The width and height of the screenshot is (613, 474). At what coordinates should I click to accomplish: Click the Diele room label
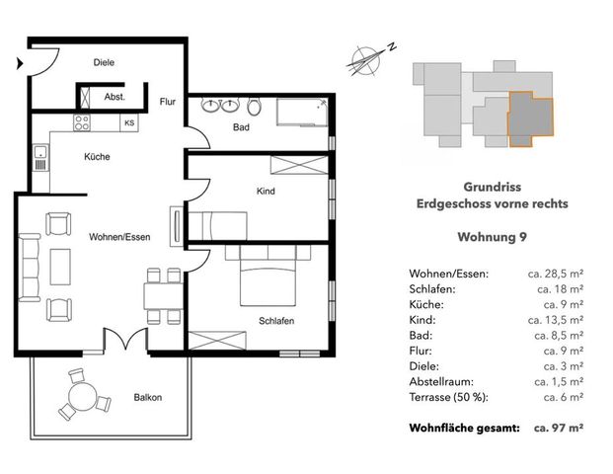[104, 62]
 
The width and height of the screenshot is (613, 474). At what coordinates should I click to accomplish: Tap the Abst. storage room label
[115, 98]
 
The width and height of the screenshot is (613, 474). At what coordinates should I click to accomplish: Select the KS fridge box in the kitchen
[129, 123]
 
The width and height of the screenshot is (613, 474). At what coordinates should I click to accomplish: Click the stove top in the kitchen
[82, 123]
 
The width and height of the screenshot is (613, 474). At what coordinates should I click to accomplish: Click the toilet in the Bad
[255, 107]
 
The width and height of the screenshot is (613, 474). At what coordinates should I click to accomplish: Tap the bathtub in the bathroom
[302, 114]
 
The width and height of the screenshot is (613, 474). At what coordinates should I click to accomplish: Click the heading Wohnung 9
[493, 237]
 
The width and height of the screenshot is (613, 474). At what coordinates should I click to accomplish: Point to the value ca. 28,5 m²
[559, 273]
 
